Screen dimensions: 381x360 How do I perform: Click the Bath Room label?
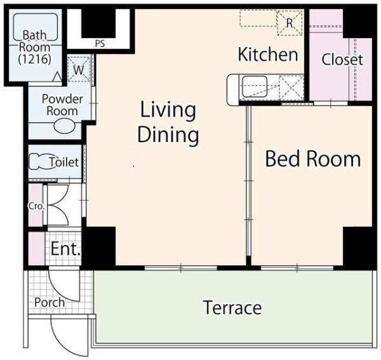click(x=35, y=41)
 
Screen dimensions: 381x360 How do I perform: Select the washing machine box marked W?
click(x=79, y=69)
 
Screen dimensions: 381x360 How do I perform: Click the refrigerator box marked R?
click(x=290, y=23)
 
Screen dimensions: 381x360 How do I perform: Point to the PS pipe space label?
click(x=100, y=44)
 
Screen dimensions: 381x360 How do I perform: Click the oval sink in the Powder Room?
click(x=64, y=126)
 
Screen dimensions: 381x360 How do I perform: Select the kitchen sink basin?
click(x=255, y=86)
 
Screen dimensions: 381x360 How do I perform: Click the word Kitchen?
click(x=268, y=55)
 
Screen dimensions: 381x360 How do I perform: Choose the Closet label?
click(x=342, y=60)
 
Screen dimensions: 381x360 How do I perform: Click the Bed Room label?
click(x=313, y=159)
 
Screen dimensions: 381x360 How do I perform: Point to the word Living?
click(x=168, y=110)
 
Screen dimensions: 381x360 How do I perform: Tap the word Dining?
click(x=168, y=135)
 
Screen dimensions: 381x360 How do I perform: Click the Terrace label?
click(x=232, y=307)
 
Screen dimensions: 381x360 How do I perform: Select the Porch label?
click(x=50, y=302)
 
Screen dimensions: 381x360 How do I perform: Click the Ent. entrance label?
click(x=65, y=248)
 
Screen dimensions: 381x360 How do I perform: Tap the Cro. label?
click(x=36, y=206)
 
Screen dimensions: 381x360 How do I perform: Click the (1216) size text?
click(x=35, y=59)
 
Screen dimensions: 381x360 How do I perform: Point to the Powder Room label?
click(x=62, y=105)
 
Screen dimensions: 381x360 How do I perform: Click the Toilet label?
click(x=64, y=162)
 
